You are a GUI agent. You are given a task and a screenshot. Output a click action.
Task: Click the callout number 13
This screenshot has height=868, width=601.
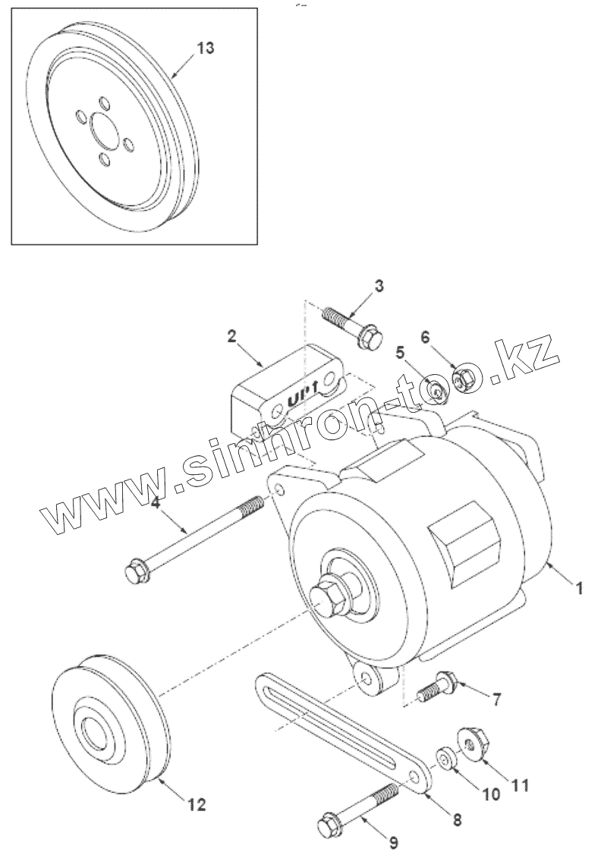pyautogui.click(x=205, y=48)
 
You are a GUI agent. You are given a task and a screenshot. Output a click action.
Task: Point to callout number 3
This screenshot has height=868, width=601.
pyautogui.click(x=379, y=286)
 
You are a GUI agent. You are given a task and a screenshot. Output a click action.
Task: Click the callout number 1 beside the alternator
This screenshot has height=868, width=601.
pyautogui.click(x=579, y=587)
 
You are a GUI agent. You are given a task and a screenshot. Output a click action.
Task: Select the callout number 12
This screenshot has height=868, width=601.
pyautogui.click(x=197, y=805)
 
